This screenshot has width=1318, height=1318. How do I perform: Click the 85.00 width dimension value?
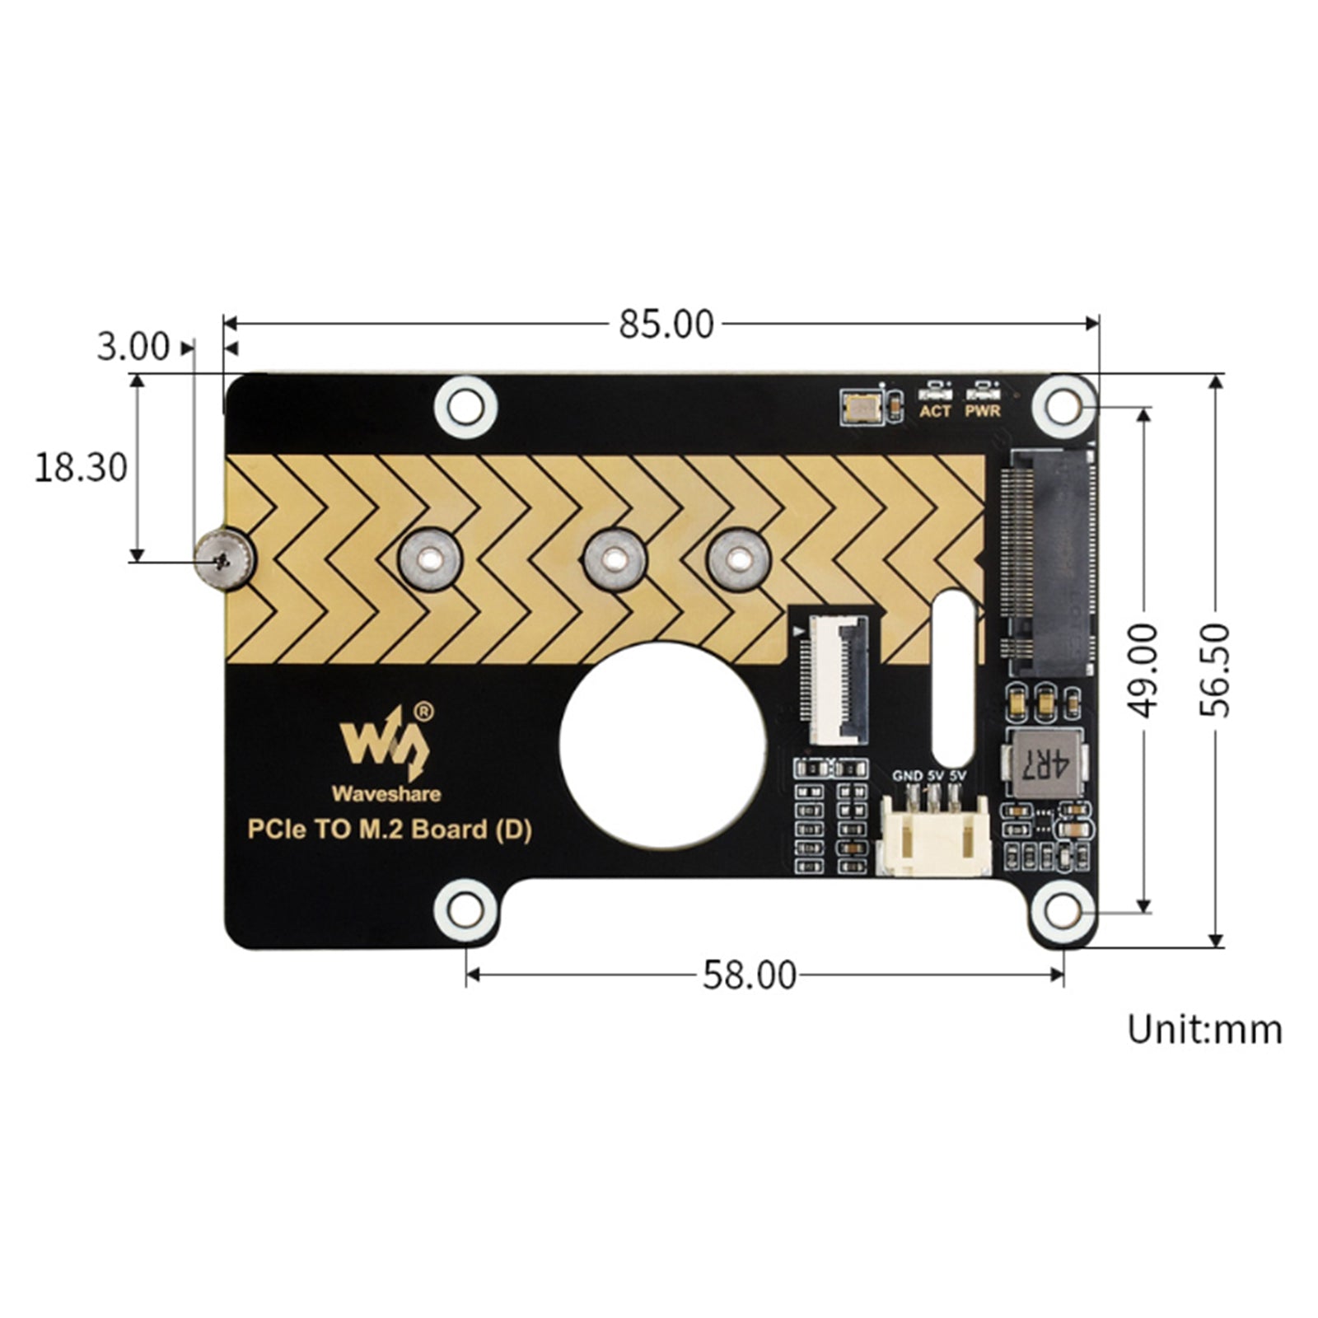666,325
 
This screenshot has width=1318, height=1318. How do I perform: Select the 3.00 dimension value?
133,347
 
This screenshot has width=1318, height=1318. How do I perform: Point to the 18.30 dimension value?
81,468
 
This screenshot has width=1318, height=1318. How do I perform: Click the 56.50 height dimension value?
1215,671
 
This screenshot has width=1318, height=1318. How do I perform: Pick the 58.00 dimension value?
749,976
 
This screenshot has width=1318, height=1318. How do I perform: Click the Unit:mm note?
1204,1030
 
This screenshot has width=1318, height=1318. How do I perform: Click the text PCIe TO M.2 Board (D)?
390,829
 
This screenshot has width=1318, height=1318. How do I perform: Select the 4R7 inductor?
1045,764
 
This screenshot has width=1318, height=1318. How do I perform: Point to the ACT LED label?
935,410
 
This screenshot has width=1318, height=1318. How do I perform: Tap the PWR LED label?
983,410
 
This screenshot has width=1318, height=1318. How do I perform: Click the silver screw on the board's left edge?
223,561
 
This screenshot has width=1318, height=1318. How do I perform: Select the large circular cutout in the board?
662,745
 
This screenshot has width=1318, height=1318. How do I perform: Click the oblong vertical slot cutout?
955,676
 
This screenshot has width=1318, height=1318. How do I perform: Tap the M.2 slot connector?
1048,561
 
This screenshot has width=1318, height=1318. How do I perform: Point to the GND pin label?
907,776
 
